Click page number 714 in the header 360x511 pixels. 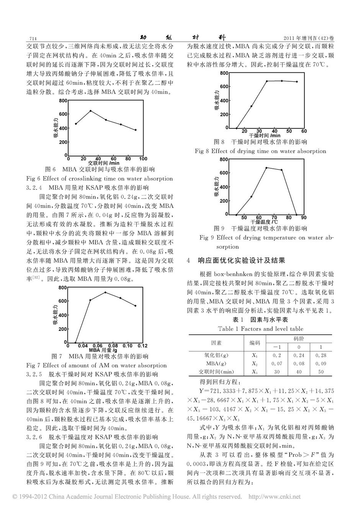pyautogui.click(x=32, y=38)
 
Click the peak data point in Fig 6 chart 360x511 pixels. pyautogui.click(x=90, y=111)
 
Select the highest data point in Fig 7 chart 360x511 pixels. pyautogui.click(x=105, y=292)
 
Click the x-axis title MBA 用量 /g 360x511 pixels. pyautogui.click(x=103, y=350)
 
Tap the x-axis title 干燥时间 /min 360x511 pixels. pyautogui.click(x=264, y=135)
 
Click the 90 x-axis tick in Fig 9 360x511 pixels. pyautogui.click(x=304, y=218)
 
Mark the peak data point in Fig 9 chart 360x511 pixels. pyautogui.click(x=267, y=168)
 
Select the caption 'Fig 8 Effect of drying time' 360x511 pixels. pyautogui.click(x=260, y=151)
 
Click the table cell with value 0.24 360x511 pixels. pyautogui.click(x=299, y=355)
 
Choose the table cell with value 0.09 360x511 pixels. pyautogui.click(x=321, y=363)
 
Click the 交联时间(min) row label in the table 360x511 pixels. pyautogui.click(x=216, y=371)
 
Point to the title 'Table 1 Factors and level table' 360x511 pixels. pyautogui.click(x=266, y=329)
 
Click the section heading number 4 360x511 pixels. pyautogui.click(x=188, y=261)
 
